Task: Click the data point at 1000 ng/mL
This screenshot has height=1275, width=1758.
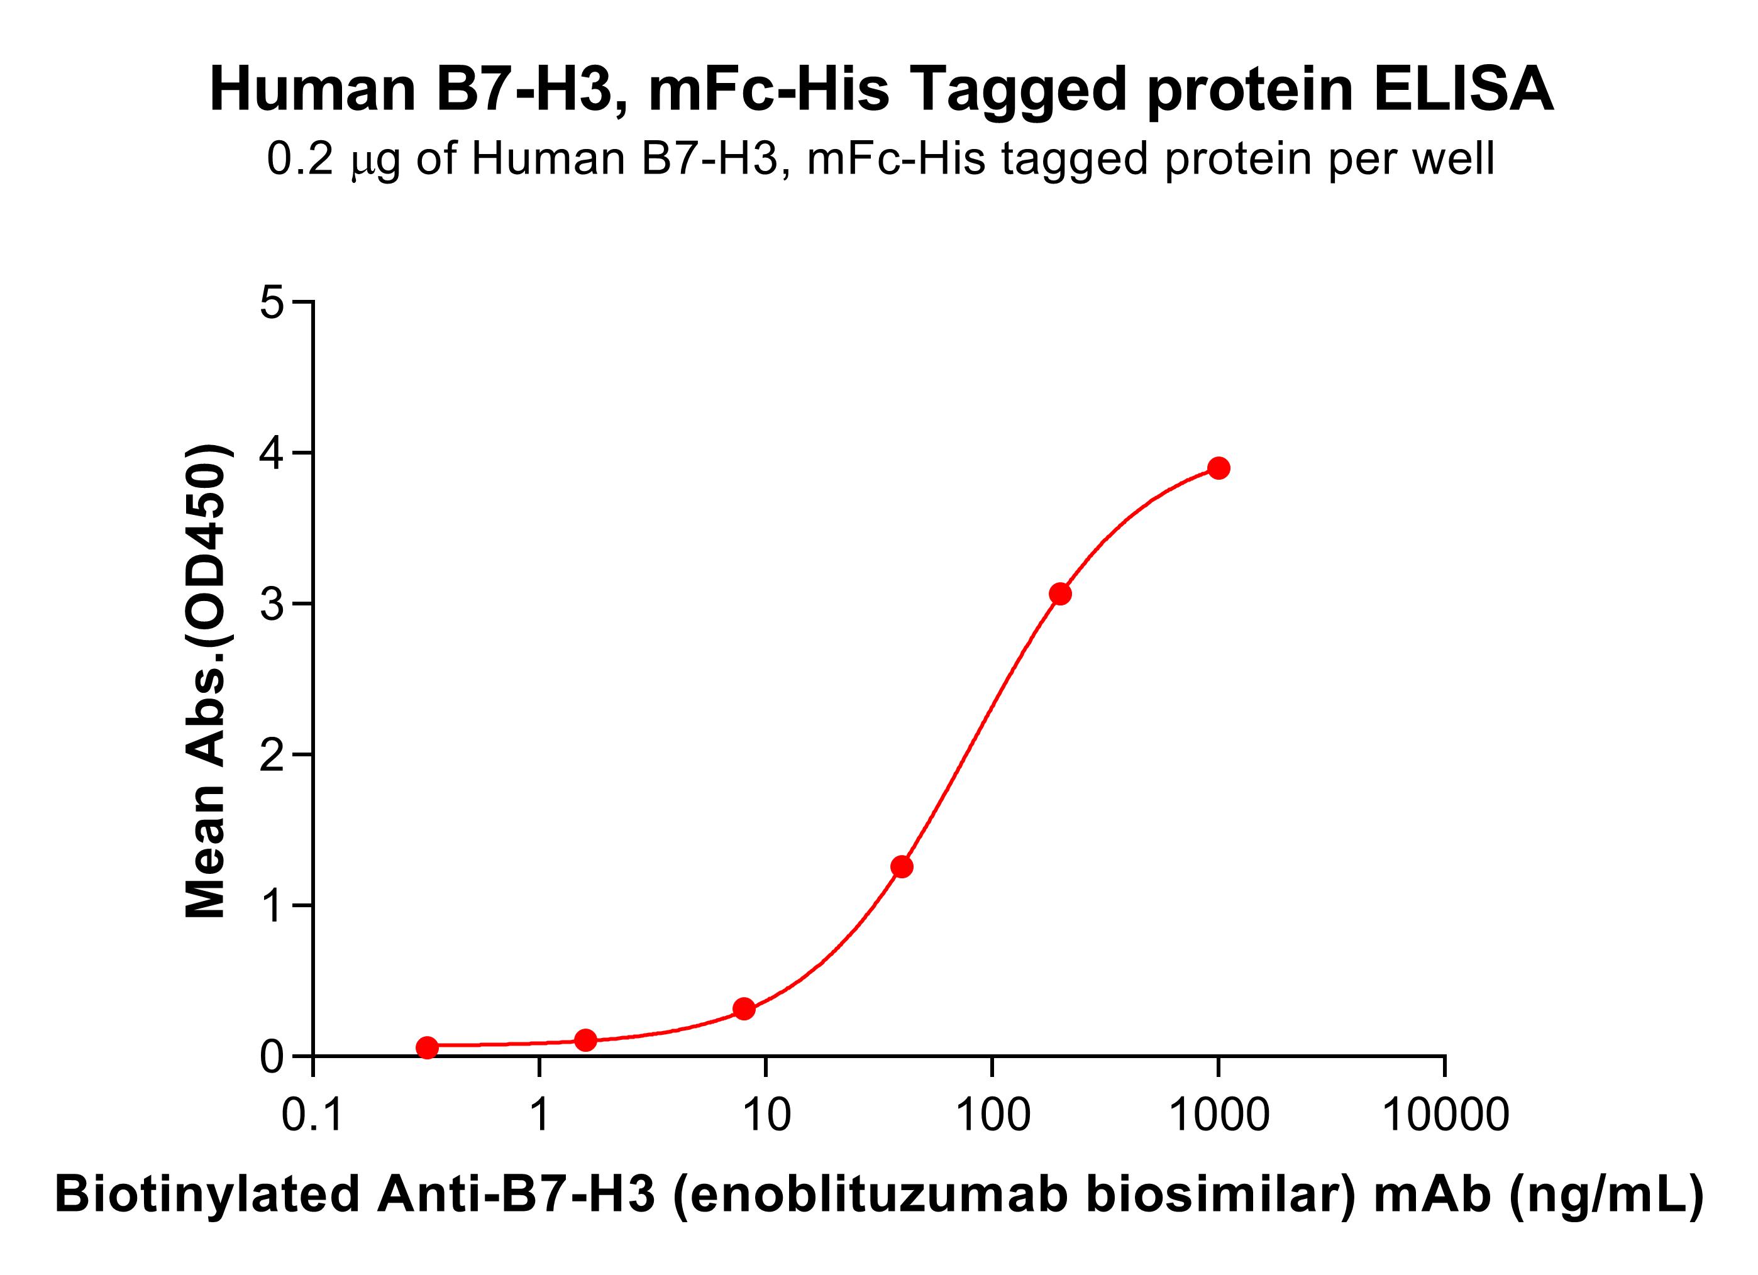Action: click(1219, 468)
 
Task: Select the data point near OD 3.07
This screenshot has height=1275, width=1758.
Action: click(1060, 593)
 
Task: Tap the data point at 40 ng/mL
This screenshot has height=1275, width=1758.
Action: click(902, 866)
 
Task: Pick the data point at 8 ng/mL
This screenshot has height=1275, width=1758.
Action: click(744, 1008)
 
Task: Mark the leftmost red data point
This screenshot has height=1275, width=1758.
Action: click(427, 1047)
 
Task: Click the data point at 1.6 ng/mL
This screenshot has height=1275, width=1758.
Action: click(586, 1040)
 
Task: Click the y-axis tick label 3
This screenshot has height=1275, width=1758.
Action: click(272, 604)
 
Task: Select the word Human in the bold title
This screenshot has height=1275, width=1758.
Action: click(314, 90)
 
